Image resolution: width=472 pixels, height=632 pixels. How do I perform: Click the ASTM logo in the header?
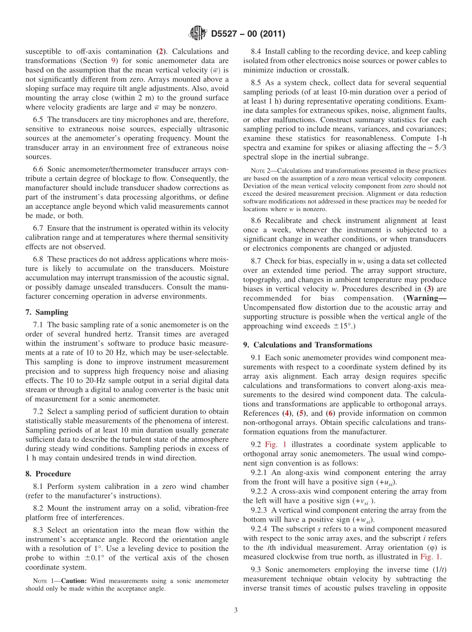tap(198, 34)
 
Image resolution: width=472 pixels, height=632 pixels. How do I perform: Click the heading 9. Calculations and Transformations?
tap(308, 345)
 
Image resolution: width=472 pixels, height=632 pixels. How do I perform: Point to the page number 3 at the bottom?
tap(236, 610)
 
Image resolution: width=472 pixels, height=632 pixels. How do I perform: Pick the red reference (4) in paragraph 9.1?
tap(287, 413)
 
